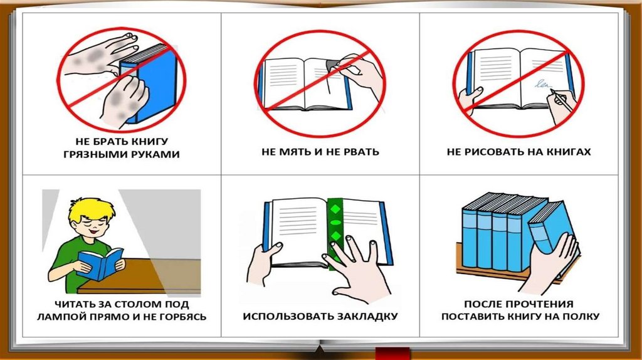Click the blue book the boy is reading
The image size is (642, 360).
100,264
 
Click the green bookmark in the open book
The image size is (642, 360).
335,233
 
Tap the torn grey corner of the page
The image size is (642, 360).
332,63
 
